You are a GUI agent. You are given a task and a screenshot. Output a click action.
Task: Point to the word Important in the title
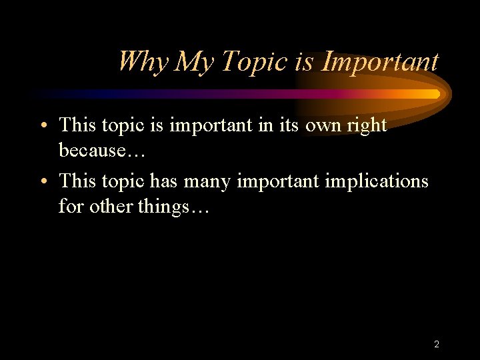click(380, 61)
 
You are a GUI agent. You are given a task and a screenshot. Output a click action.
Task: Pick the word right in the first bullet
click(367, 125)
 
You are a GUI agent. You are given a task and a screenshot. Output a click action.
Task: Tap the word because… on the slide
click(102, 151)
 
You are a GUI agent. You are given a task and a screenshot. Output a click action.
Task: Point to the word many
click(214, 181)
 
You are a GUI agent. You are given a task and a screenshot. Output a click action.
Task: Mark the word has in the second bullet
click(165, 181)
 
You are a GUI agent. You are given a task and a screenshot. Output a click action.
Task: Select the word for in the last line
click(71, 207)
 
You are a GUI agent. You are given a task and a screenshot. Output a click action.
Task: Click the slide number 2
click(436, 345)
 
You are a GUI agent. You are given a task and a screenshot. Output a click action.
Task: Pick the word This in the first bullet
click(79, 125)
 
